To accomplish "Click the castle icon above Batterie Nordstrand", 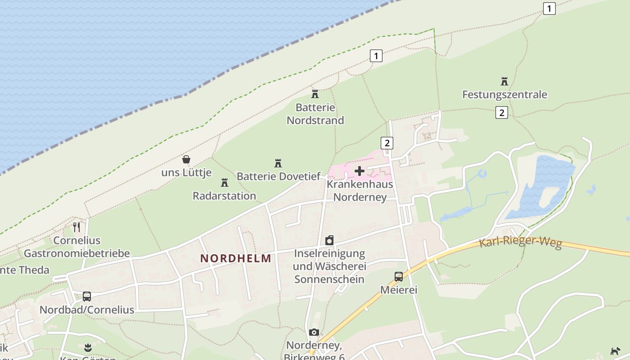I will (315, 94).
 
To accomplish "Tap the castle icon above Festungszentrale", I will (504, 81).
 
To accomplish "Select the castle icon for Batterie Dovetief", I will (278, 163).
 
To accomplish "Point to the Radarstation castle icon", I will (224, 183).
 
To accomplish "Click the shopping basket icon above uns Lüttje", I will (186, 159).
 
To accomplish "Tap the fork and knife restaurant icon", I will (76, 227).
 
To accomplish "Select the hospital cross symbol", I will (360, 171).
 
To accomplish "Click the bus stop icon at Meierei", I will (399, 277).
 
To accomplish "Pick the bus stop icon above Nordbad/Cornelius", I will (87, 297).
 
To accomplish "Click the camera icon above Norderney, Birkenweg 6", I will (314, 333).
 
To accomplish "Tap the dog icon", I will (615, 351).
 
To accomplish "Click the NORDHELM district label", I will (236, 258).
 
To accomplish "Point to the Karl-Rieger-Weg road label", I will (521, 242).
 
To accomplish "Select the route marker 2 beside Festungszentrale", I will (501, 112).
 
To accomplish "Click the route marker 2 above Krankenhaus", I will (387, 143).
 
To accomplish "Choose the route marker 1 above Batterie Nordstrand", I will (376, 56).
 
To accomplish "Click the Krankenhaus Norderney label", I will (360, 191).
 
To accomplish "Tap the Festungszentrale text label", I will (505, 94).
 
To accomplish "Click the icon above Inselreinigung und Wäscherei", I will (329, 240).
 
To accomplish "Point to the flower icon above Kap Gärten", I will (88, 347).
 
